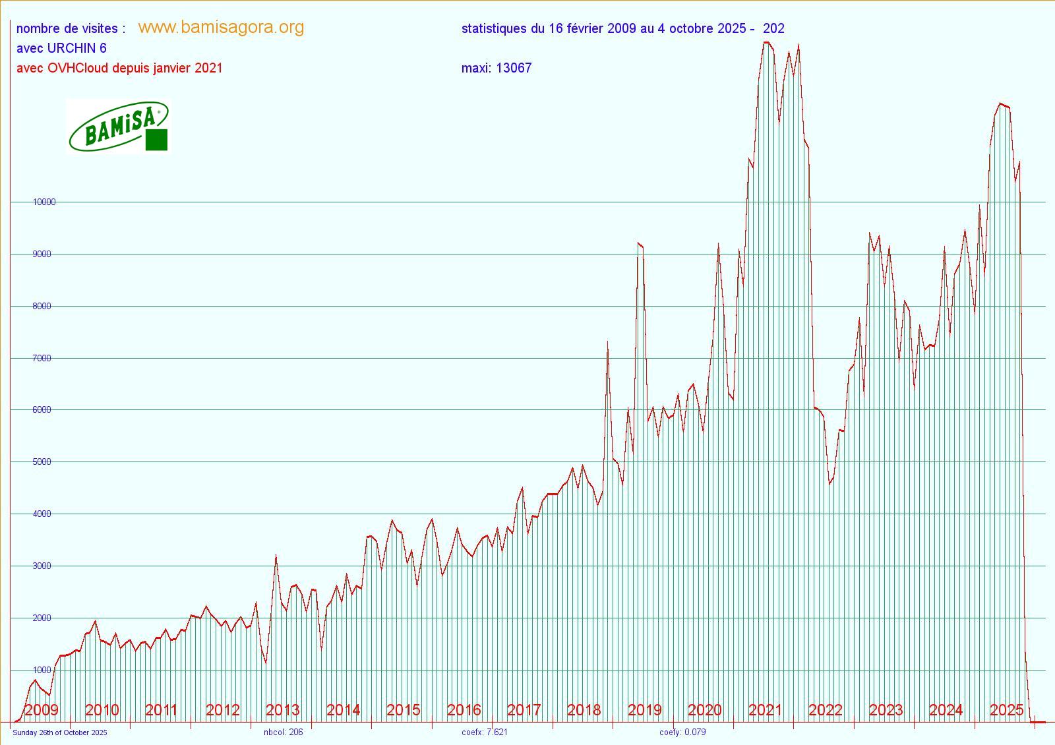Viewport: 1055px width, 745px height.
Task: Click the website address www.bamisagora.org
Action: pos(221,27)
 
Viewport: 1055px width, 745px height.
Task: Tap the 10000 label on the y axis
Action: pos(44,202)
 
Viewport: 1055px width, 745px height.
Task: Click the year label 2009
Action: pos(41,710)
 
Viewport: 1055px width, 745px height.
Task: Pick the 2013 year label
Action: pos(282,710)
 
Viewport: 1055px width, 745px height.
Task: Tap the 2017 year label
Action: pos(524,710)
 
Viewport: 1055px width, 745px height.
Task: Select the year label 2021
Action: pos(765,710)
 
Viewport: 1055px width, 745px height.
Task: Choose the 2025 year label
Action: pos(1006,710)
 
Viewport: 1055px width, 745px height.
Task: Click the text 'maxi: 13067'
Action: pos(496,68)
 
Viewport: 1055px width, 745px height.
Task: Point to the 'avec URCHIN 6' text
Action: pos(61,48)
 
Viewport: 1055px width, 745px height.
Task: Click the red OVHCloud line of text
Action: pos(119,68)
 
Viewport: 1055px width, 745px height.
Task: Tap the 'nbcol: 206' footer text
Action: pos(283,732)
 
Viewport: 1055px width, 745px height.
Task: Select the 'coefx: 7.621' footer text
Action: pos(485,732)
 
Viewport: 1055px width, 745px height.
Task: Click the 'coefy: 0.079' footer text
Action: pos(682,732)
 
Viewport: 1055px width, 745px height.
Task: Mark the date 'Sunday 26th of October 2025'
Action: pos(59,732)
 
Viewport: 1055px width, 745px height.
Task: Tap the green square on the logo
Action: pos(156,140)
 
